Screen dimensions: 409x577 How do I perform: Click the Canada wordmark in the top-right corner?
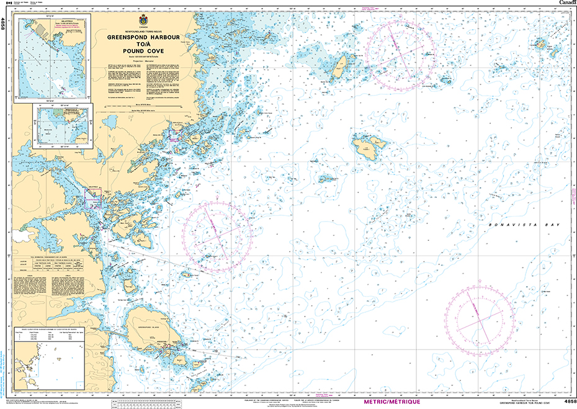[x=566, y=4]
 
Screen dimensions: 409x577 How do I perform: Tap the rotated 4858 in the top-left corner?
[x=4, y=24]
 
